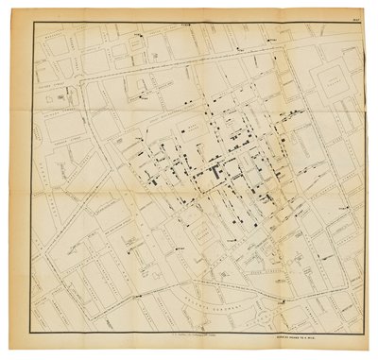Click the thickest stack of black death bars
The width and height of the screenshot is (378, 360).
220,175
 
